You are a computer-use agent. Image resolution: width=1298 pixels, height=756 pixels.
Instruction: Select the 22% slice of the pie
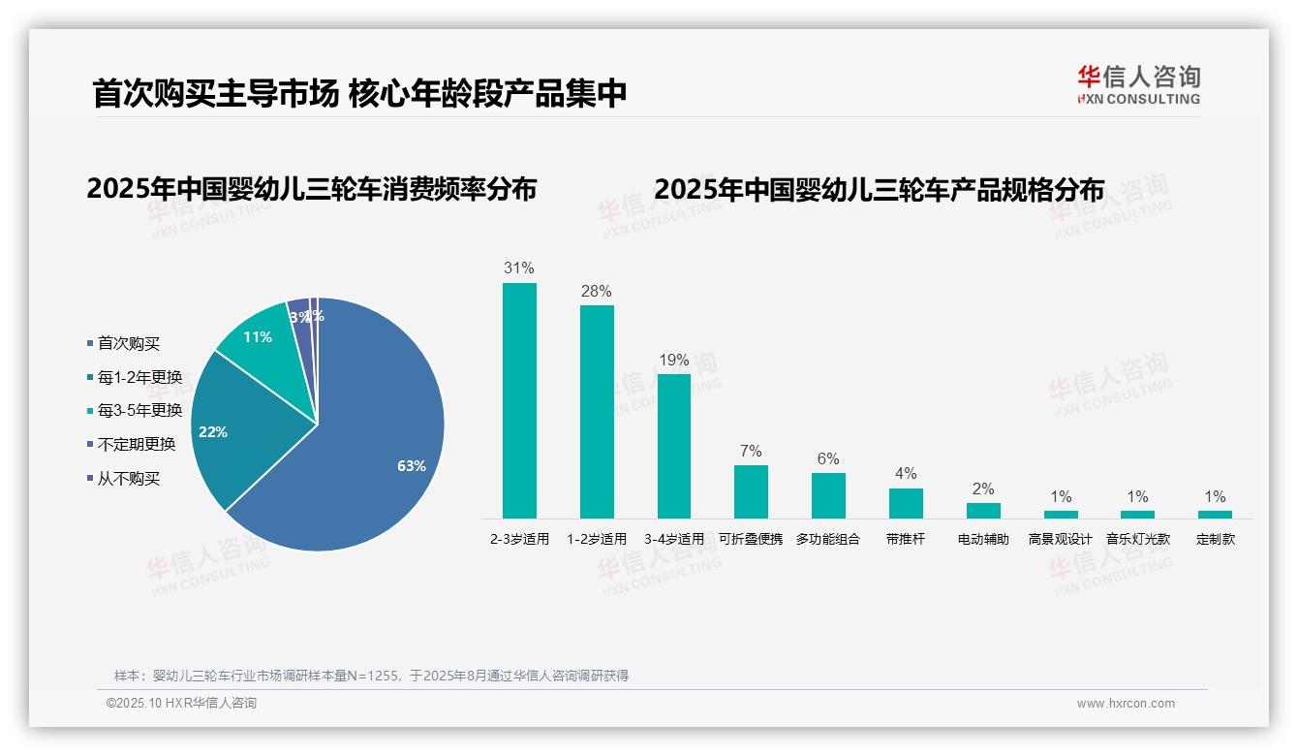click(x=232, y=431)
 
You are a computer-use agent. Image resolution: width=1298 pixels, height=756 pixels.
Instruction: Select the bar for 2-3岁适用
click(x=519, y=400)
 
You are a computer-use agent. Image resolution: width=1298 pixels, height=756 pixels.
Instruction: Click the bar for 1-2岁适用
click(x=597, y=412)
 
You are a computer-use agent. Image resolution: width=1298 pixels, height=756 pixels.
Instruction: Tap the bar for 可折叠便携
click(x=751, y=491)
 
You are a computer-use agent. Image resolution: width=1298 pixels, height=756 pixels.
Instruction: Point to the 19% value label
click(x=674, y=361)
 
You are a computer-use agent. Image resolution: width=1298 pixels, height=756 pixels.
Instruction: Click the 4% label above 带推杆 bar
click(x=906, y=474)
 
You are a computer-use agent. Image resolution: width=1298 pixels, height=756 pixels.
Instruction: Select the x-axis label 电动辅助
click(x=983, y=539)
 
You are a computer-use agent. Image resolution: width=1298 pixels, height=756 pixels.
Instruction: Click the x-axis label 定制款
click(x=1216, y=539)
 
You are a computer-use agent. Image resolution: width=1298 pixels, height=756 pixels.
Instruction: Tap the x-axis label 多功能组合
click(x=828, y=539)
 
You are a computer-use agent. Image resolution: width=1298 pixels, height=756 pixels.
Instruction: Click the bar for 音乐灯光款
click(x=1138, y=514)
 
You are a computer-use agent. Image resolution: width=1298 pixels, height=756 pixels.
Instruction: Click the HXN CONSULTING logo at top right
click(x=1138, y=84)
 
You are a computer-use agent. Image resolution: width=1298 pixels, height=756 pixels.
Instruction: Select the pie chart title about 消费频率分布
click(x=311, y=188)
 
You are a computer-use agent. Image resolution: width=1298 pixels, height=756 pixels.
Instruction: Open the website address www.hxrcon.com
click(x=1126, y=704)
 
